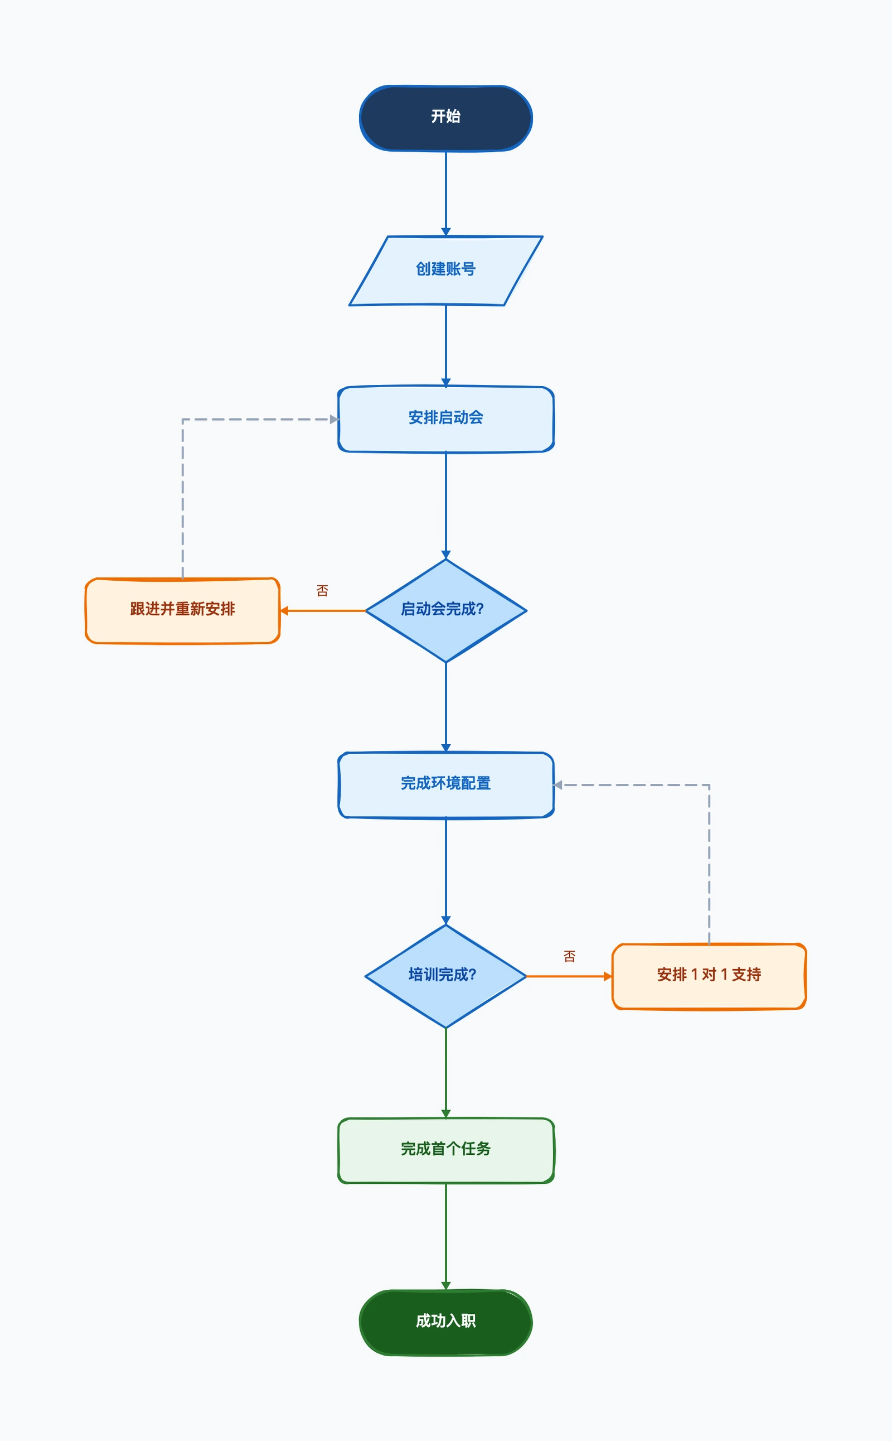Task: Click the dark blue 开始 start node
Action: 445,118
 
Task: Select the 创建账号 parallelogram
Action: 445,271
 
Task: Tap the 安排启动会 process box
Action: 445,419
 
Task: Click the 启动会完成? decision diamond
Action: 445,610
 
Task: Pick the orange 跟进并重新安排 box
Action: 182,610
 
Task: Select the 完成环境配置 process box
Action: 445,784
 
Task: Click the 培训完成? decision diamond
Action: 445,976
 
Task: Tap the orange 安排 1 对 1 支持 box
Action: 709,976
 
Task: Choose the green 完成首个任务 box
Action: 445,1150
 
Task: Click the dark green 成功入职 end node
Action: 445,1322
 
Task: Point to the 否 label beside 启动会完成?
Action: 322,590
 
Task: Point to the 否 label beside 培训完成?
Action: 569,956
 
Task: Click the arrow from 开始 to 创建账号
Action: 445,194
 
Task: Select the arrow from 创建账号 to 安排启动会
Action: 445,346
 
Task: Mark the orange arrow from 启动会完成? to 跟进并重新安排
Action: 323,610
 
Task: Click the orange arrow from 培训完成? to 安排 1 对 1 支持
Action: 569,976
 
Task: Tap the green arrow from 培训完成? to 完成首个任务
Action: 445,1073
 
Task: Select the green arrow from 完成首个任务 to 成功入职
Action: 445,1237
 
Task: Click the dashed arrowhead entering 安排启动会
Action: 334,419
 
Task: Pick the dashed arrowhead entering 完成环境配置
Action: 558,784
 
